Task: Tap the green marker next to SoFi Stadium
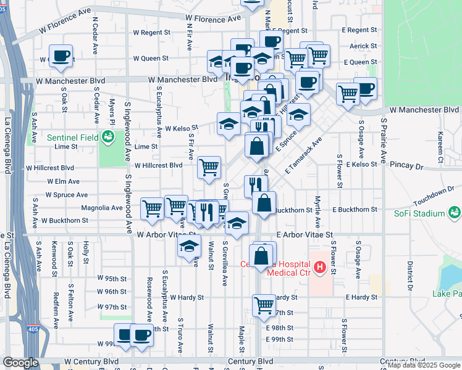pos(455,213)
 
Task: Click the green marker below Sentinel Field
pos(108,137)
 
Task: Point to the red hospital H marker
pos(320,268)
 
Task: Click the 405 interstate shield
pos(39,328)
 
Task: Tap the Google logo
pos(21,363)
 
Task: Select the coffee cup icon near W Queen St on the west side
pos(61,56)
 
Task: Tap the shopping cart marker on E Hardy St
pos(264,304)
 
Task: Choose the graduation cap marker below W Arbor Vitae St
pos(189,248)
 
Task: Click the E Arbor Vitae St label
pos(305,235)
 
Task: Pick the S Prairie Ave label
pos(384,136)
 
